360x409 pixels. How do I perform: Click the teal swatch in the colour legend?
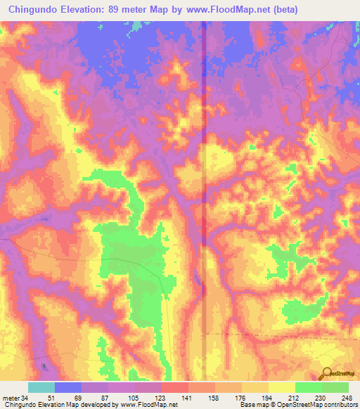click(41, 388)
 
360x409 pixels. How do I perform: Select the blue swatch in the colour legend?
click(67, 388)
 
